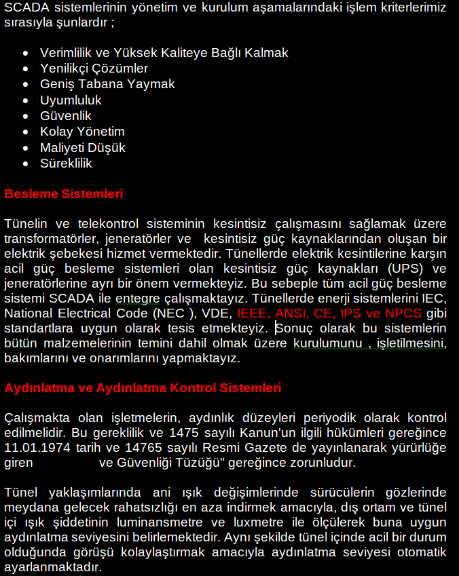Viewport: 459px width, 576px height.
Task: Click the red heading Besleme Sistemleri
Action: click(64, 194)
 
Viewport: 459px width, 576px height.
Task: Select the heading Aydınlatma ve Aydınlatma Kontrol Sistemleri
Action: click(143, 388)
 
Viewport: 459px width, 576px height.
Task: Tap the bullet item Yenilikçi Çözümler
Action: click(94, 69)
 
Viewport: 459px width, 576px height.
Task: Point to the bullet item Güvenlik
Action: click(66, 116)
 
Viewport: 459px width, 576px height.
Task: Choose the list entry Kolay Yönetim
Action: click(82, 132)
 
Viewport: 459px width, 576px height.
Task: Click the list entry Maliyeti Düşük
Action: click(82, 147)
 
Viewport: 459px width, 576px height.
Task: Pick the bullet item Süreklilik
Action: click(66, 164)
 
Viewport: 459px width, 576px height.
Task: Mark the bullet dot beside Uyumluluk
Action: click(26, 100)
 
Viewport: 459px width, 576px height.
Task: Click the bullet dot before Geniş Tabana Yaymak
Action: click(26, 85)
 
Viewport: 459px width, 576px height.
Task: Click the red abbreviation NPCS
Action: click(403, 313)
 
